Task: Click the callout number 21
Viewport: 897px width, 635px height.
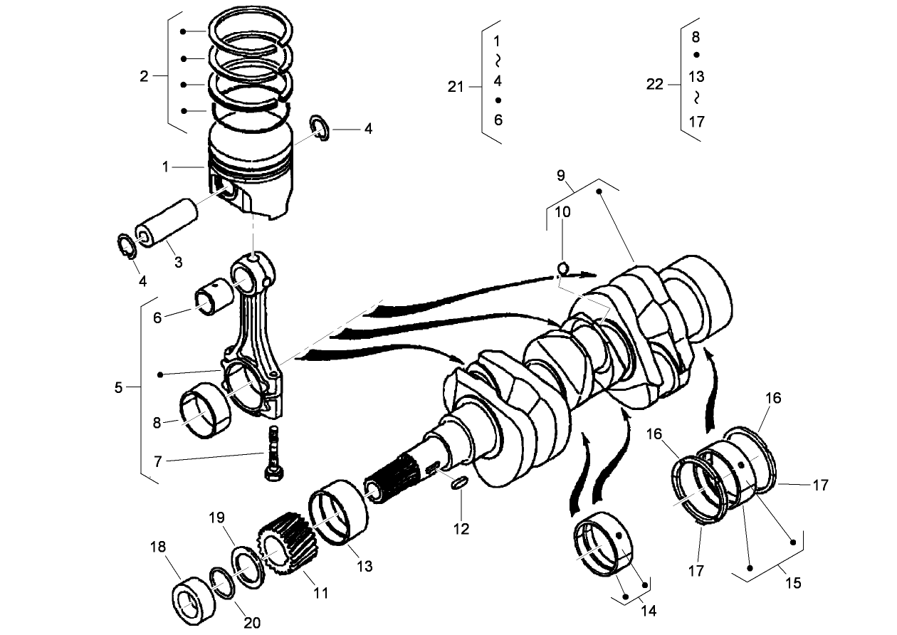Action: point(456,87)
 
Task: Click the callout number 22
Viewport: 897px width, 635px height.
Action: point(654,85)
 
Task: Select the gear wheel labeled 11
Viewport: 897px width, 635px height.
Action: point(286,546)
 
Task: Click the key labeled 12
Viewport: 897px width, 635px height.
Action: point(460,484)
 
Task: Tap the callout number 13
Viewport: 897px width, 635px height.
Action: point(365,567)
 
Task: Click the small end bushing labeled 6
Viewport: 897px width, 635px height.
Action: point(211,300)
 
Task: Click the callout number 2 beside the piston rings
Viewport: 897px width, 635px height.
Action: point(144,76)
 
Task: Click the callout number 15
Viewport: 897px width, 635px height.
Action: point(793,584)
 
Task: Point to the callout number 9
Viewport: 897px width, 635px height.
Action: point(561,175)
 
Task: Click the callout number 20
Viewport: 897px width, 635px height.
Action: point(251,623)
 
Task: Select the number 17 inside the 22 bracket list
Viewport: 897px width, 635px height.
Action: point(697,122)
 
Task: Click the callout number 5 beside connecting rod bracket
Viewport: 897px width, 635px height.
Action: point(118,387)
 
